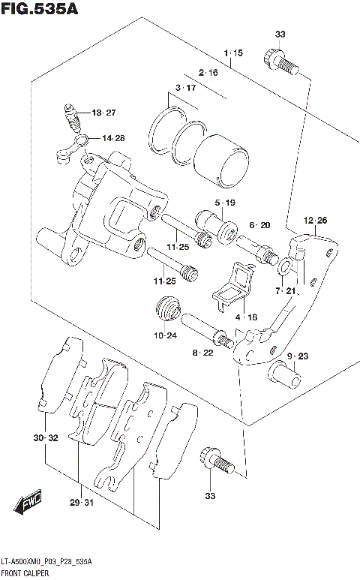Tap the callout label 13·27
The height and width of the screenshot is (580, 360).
coord(104,113)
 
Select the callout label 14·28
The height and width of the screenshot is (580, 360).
coord(113,138)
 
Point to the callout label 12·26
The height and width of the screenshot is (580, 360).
coord(315,220)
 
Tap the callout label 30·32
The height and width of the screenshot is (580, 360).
coord(45,437)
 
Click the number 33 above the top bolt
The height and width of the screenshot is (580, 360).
coord(280,35)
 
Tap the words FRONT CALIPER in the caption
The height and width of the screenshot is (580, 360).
coord(26,573)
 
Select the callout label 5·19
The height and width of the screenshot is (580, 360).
coord(225,203)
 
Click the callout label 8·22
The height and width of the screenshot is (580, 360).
coord(202,353)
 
